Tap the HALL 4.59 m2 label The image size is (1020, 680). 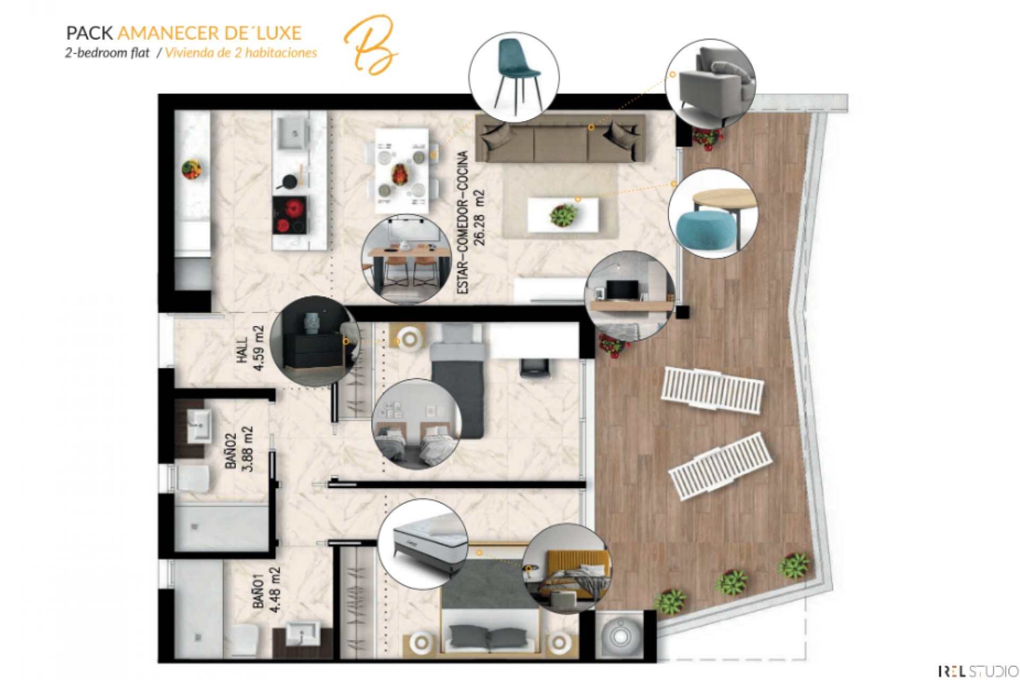(x=251, y=348)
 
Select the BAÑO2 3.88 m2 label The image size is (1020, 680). (x=239, y=449)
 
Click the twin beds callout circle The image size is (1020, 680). (x=416, y=424)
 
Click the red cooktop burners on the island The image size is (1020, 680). (x=290, y=215)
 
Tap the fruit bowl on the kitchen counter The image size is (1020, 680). (x=192, y=169)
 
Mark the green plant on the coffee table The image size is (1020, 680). (x=563, y=215)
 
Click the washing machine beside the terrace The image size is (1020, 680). (x=618, y=634)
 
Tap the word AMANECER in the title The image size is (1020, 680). (x=167, y=33)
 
